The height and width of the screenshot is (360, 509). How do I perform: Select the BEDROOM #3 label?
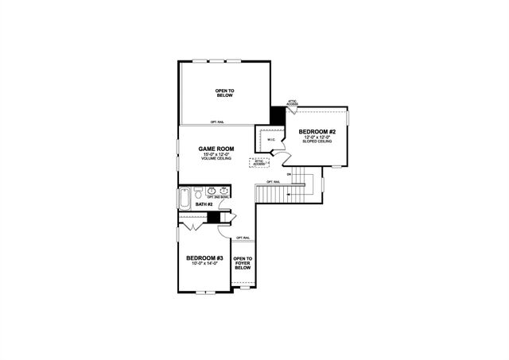(202, 258)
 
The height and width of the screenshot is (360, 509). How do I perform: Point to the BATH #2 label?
(204, 205)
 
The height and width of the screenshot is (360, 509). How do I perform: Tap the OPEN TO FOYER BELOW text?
(242, 263)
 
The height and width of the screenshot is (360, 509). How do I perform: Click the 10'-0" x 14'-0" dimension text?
(202, 265)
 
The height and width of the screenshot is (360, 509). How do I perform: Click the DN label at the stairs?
(288, 173)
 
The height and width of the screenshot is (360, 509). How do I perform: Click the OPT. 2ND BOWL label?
(217, 196)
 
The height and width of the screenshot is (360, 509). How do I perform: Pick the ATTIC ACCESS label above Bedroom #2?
(292, 103)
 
